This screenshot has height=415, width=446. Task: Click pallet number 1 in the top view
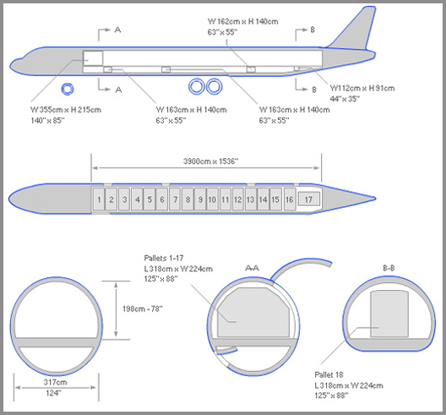click(x=99, y=199)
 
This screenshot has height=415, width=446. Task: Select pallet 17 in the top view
click(x=308, y=199)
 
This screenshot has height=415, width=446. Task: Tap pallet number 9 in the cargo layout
click(x=200, y=199)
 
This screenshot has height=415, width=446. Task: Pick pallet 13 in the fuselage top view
click(x=251, y=199)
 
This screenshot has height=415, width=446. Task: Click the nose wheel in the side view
click(x=68, y=89)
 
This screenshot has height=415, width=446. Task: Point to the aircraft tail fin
click(x=356, y=29)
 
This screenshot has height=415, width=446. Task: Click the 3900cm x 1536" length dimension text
click(x=211, y=161)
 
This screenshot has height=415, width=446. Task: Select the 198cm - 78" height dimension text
click(x=143, y=309)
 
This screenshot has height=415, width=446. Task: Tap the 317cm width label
click(x=55, y=382)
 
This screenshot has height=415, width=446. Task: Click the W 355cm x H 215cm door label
click(x=66, y=110)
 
